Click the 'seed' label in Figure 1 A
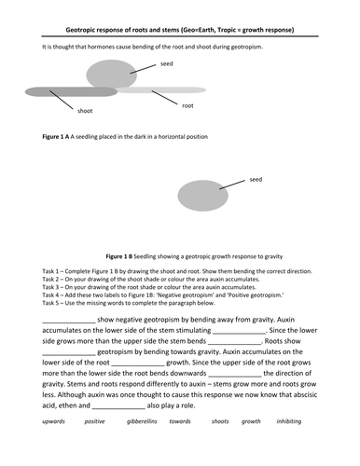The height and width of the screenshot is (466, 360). click(x=166, y=64)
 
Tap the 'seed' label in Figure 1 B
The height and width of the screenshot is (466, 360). click(x=256, y=178)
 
